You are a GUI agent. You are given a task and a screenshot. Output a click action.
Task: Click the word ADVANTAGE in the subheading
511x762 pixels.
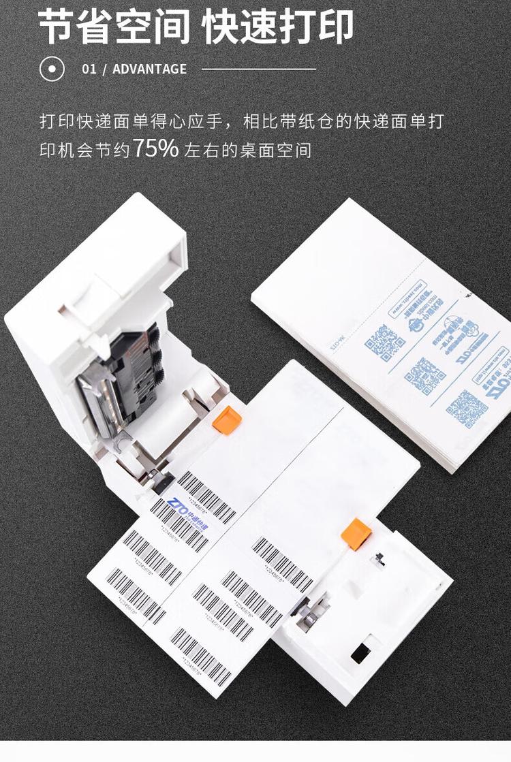click(149, 69)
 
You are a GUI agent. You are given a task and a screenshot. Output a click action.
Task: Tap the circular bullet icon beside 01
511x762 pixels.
click(52, 69)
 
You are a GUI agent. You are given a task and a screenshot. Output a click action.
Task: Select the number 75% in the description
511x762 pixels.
click(155, 148)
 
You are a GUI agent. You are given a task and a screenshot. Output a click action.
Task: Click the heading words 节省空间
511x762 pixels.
click(114, 27)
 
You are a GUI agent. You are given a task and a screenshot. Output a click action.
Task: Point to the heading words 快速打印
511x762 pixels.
click(278, 27)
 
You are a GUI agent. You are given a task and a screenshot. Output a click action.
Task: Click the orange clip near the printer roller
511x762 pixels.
click(226, 419)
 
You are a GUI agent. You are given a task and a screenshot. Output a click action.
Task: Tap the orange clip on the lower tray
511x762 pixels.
click(355, 532)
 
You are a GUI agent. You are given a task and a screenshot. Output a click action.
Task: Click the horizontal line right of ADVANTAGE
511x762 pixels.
click(259, 69)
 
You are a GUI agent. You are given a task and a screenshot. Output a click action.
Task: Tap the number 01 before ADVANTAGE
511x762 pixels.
click(89, 69)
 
